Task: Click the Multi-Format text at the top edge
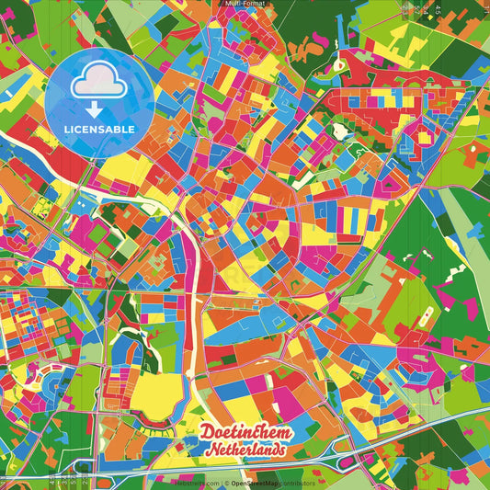tap(245, 4)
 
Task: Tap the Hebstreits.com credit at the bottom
tap(197, 483)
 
